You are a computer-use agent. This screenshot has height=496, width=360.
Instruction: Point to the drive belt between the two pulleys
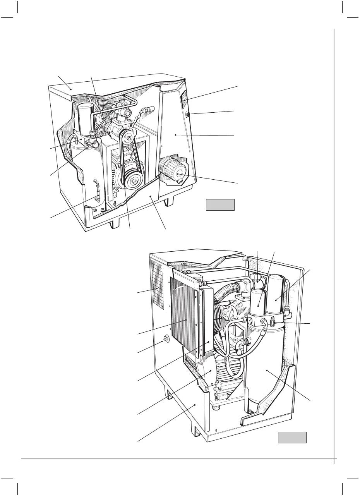[x=122, y=159]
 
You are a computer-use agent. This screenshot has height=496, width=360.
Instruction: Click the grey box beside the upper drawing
[x=220, y=204]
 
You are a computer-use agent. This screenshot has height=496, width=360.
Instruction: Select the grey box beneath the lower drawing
[x=292, y=438]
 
